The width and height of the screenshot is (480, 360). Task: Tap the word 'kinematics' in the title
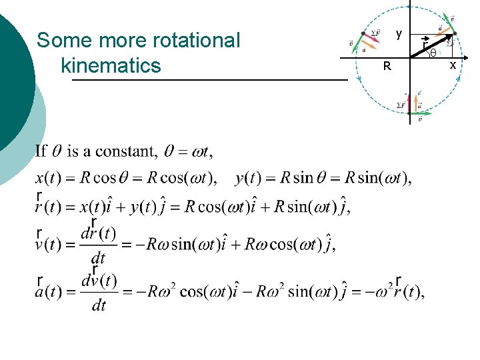point(111,65)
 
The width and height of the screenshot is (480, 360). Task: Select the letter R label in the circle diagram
point(387,67)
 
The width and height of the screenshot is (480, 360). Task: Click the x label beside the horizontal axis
point(453,65)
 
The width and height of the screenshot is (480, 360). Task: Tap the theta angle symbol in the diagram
point(433,53)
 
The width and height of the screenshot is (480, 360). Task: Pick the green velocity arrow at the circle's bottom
point(420,113)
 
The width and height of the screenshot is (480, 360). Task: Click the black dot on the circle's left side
point(363,33)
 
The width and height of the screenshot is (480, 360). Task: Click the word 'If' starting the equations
point(41,151)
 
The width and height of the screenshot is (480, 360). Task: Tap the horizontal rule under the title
point(209,81)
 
